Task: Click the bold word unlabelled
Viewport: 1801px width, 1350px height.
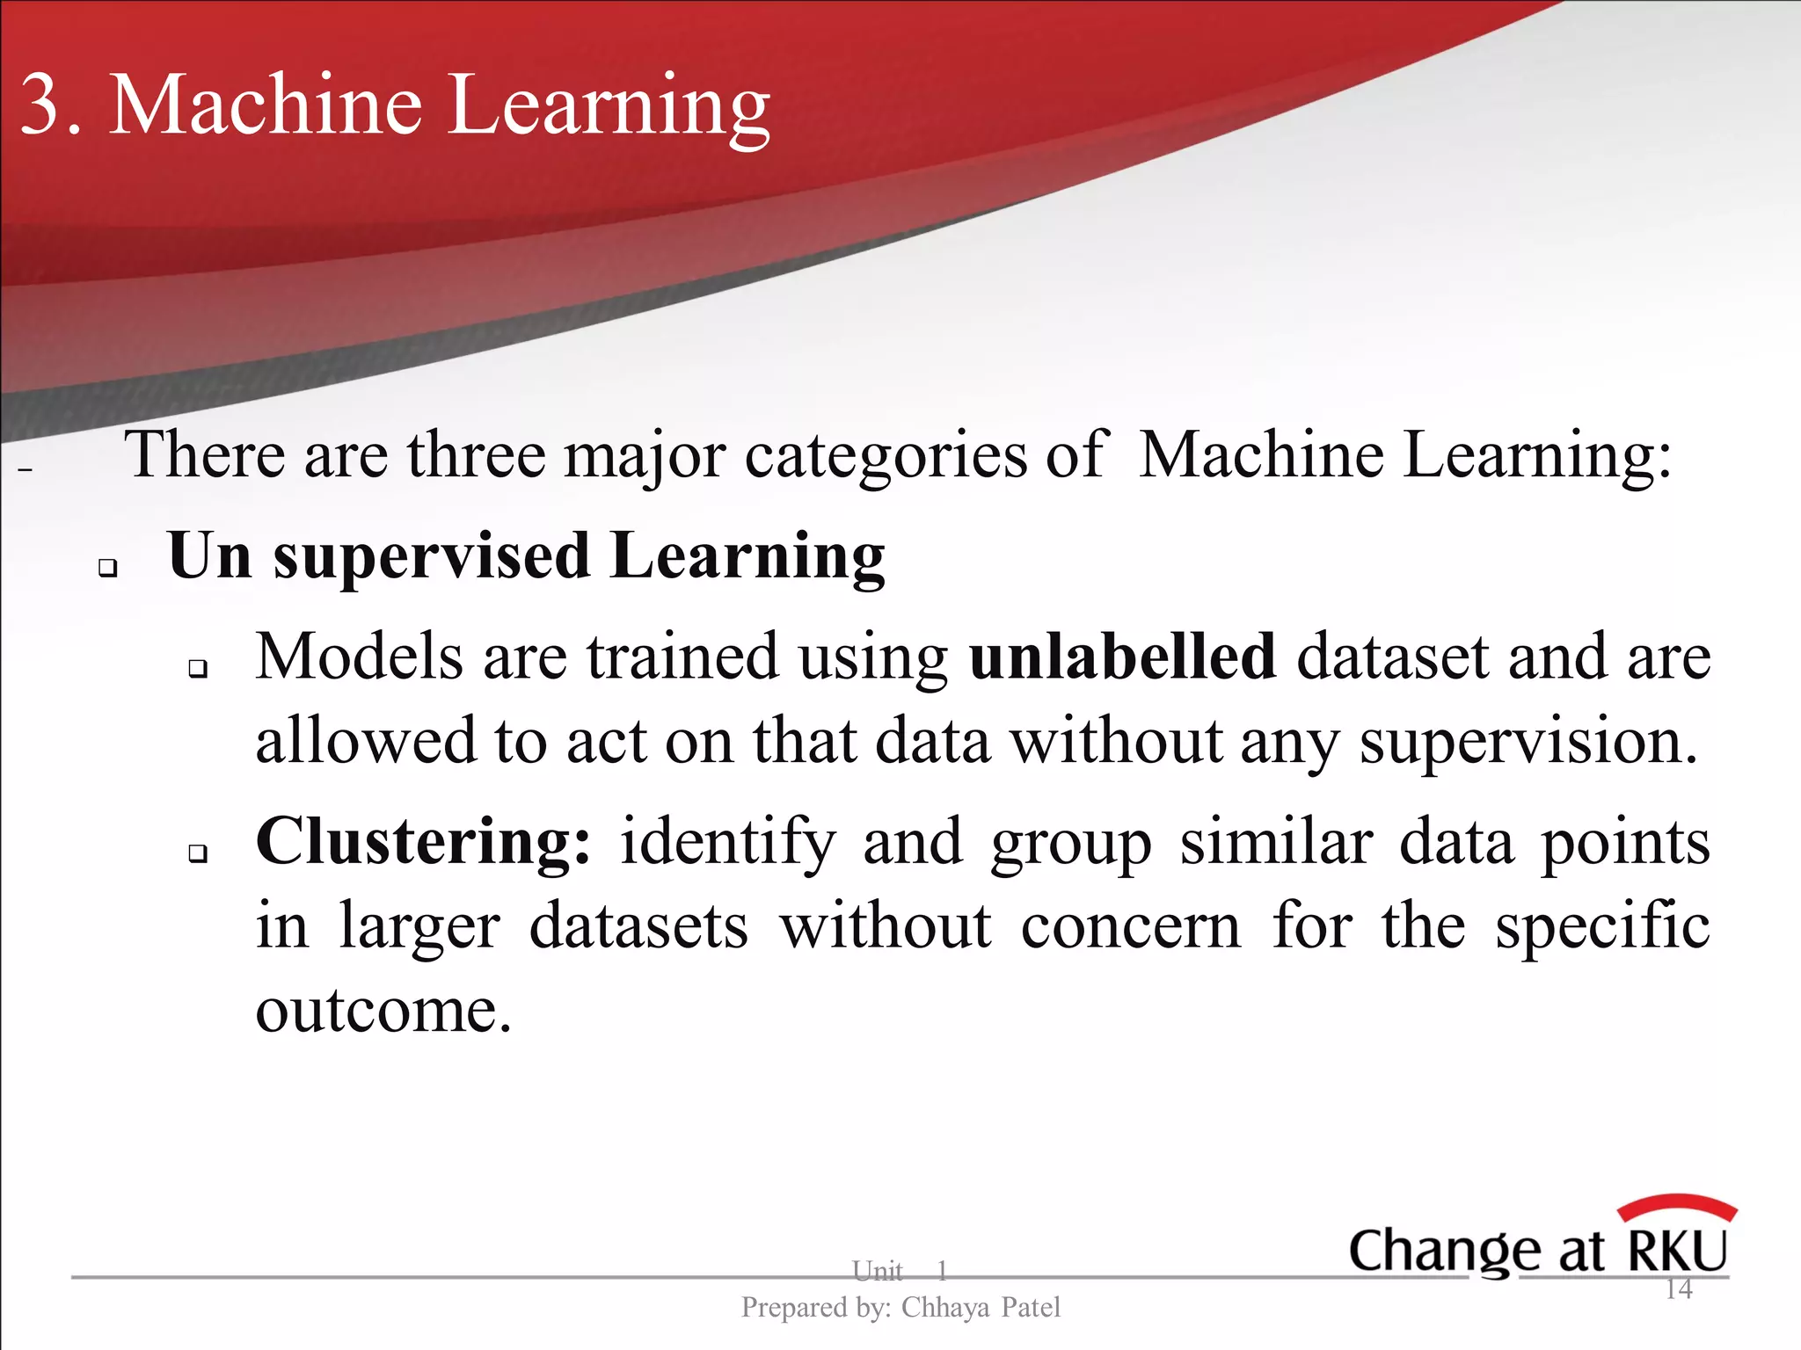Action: pos(1122,657)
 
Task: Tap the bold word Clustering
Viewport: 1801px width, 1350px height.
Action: pos(423,843)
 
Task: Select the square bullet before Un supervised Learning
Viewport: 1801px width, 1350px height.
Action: pos(108,568)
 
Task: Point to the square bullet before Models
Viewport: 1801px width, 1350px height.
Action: pos(198,670)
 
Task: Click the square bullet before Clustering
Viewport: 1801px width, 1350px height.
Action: pos(198,853)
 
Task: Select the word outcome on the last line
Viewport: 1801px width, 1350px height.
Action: pos(383,1011)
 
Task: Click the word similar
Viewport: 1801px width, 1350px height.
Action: pos(1276,843)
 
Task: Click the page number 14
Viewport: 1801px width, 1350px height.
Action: pos(1679,1289)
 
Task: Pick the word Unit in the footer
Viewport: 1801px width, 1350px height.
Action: pos(877,1271)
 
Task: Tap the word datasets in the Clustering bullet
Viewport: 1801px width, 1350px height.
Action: pos(638,927)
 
